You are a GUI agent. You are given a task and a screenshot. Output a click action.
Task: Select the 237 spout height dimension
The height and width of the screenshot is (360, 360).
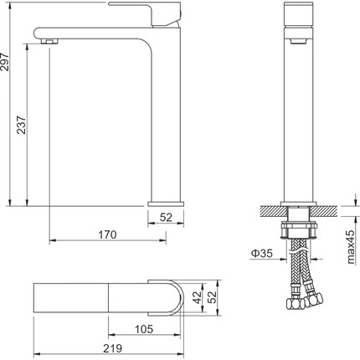21,125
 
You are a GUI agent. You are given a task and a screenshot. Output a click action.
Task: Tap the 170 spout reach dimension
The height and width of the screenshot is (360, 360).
107,234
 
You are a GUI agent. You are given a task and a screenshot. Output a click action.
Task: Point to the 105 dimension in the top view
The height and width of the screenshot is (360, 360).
144,329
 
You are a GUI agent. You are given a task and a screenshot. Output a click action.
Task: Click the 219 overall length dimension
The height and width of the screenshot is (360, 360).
113,348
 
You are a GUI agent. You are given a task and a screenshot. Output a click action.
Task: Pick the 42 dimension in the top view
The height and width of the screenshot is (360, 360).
198,297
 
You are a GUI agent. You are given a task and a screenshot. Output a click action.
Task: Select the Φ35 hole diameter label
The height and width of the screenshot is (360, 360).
261,253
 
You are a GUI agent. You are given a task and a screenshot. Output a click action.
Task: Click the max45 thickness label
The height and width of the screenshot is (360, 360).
351,247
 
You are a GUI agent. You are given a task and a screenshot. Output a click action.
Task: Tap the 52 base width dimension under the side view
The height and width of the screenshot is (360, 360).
166,217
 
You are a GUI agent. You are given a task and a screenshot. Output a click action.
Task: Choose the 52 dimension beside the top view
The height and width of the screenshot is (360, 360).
213,297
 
